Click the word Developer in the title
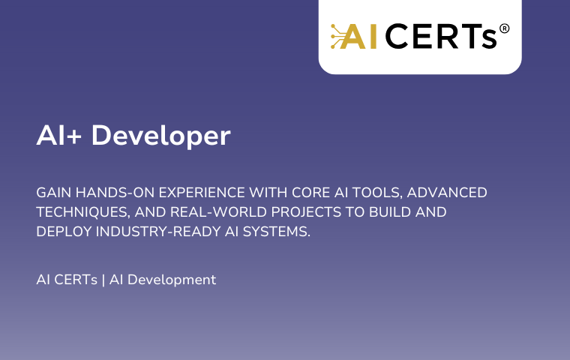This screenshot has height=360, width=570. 160,136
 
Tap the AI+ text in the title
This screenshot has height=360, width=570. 59,135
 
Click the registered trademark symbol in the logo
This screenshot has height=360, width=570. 504,28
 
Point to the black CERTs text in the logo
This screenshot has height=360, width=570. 440,36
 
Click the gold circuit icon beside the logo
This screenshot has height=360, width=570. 338,36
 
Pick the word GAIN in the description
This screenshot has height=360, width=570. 54,192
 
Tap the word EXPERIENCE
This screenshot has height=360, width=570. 202,192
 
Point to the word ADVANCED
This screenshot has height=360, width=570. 447,192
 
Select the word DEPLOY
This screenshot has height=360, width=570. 64,232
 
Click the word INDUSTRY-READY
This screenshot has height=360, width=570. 158,232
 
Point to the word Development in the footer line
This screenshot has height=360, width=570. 172,280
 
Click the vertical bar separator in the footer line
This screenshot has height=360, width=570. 103,280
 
